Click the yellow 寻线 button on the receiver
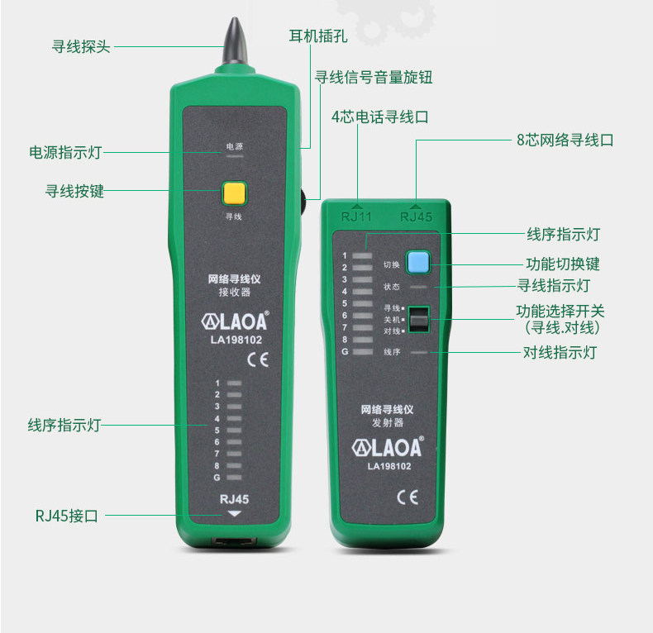coord(235,193)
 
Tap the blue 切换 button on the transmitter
coord(417,262)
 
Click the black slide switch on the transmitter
coord(418,320)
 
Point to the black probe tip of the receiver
coord(236,40)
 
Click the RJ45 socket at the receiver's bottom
coord(234,541)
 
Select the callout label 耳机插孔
coord(318,36)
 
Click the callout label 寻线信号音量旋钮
coord(373,77)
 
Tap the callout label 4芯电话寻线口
coord(379,117)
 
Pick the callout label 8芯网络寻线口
coord(565,140)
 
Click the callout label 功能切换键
coord(563,264)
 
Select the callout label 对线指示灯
coord(560,352)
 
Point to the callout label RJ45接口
coord(67,516)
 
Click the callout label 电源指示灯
coord(65,152)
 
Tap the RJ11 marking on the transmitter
coord(356,217)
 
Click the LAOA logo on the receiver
coord(235,321)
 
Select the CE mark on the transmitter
coord(408,497)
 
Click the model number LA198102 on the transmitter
coord(389,466)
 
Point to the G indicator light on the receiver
coord(234,478)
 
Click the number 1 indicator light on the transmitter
coord(362,255)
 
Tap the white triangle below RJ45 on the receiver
coord(235,514)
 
